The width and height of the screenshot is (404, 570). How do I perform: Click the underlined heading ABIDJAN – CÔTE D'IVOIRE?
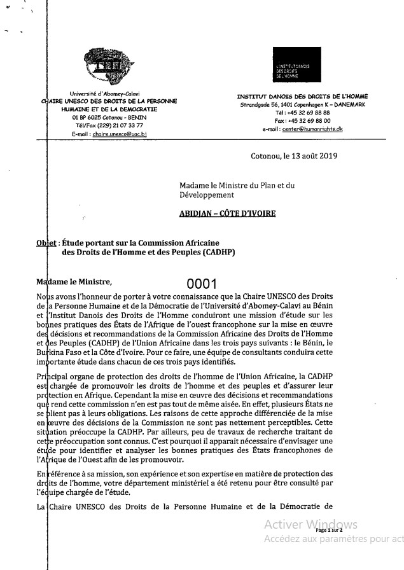pyautogui.click(x=227, y=214)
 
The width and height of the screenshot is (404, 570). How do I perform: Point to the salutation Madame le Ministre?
pyautogui.click(x=74, y=282)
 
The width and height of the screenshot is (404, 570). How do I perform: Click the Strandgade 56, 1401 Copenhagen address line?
pyautogui.click(x=302, y=104)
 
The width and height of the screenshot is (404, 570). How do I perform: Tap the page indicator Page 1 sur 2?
pyautogui.click(x=329, y=529)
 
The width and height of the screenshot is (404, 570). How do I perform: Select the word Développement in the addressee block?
pyautogui.click(x=207, y=195)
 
